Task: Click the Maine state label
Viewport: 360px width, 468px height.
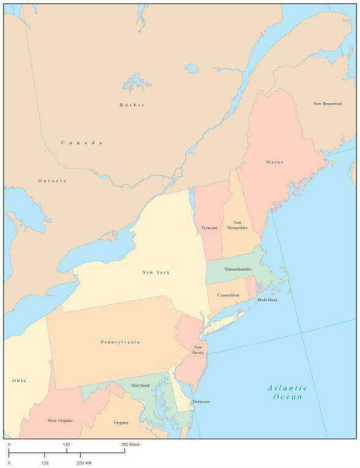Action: point(274,162)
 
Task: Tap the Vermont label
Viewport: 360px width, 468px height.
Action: point(209,228)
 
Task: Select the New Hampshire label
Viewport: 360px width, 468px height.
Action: point(237,225)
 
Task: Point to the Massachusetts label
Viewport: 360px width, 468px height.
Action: point(238,268)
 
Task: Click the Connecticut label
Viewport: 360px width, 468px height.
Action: point(228,295)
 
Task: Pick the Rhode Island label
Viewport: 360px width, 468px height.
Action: point(266,299)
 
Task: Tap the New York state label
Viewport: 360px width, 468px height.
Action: point(156,272)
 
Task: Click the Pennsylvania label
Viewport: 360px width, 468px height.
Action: point(120,342)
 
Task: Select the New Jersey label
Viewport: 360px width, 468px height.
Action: point(199,349)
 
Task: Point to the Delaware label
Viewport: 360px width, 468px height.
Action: point(201,401)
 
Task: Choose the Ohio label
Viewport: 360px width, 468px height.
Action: point(19,380)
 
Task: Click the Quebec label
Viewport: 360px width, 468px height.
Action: point(132,104)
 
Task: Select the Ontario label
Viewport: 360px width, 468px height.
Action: point(52,180)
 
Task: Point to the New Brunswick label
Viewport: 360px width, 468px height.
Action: point(328,103)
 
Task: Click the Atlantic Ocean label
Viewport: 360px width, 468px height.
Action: point(287,392)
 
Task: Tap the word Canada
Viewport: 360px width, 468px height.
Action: point(82,143)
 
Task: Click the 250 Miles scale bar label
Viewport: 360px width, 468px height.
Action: point(130,443)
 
